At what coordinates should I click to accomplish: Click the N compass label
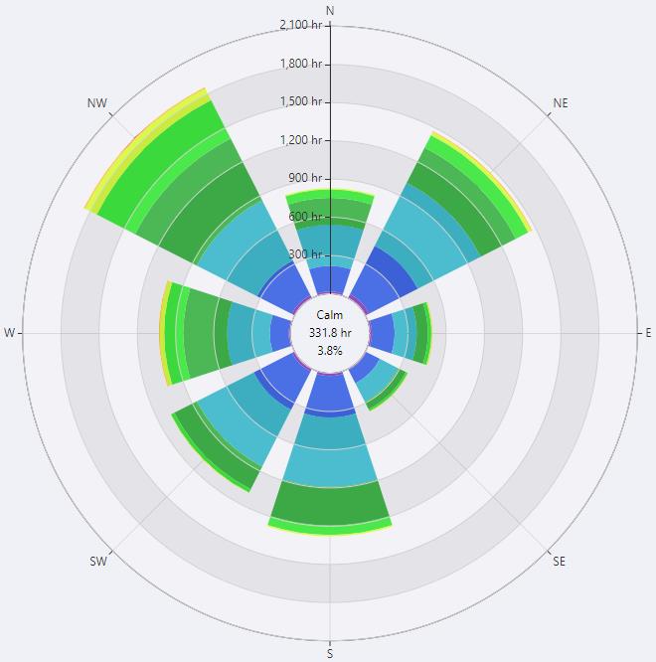click(330, 10)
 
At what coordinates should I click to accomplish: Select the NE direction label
click(561, 102)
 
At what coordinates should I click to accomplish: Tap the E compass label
click(649, 333)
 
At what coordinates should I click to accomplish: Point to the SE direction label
click(559, 562)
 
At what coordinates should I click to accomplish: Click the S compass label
click(330, 653)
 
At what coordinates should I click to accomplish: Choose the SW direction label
click(98, 562)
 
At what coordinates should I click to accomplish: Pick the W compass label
click(10, 333)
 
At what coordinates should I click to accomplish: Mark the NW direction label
click(97, 102)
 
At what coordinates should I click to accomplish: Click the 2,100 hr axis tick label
click(301, 25)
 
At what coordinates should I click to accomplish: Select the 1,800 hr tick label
click(302, 64)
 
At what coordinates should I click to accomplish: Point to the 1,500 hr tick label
click(302, 101)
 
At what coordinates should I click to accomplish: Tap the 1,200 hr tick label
click(302, 140)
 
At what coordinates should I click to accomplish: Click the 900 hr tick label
click(306, 178)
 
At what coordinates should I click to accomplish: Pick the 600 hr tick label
click(306, 217)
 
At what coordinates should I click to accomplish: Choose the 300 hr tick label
click(306, 254)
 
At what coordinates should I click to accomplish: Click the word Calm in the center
click(330, 315)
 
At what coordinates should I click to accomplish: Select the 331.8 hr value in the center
click(330, 333)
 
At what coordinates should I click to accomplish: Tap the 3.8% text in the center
click(330, 351)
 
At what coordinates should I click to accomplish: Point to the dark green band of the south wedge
click(330, 501)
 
